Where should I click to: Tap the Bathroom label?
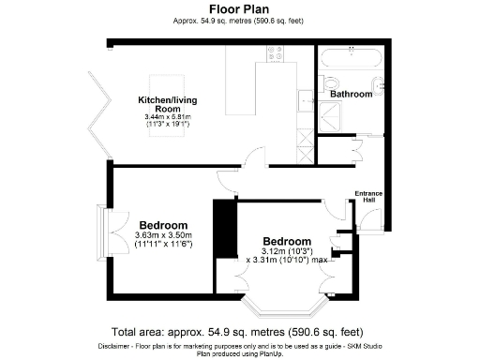(352, 94)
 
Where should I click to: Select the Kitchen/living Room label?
(169, 104)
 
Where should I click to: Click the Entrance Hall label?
(368, 198)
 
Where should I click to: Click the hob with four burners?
(278, 55)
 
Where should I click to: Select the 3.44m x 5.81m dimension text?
(169, 116)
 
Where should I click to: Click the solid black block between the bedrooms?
(224, 230)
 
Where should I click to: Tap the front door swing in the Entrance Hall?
(370, 219)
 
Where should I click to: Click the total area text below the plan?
(239, 332)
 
